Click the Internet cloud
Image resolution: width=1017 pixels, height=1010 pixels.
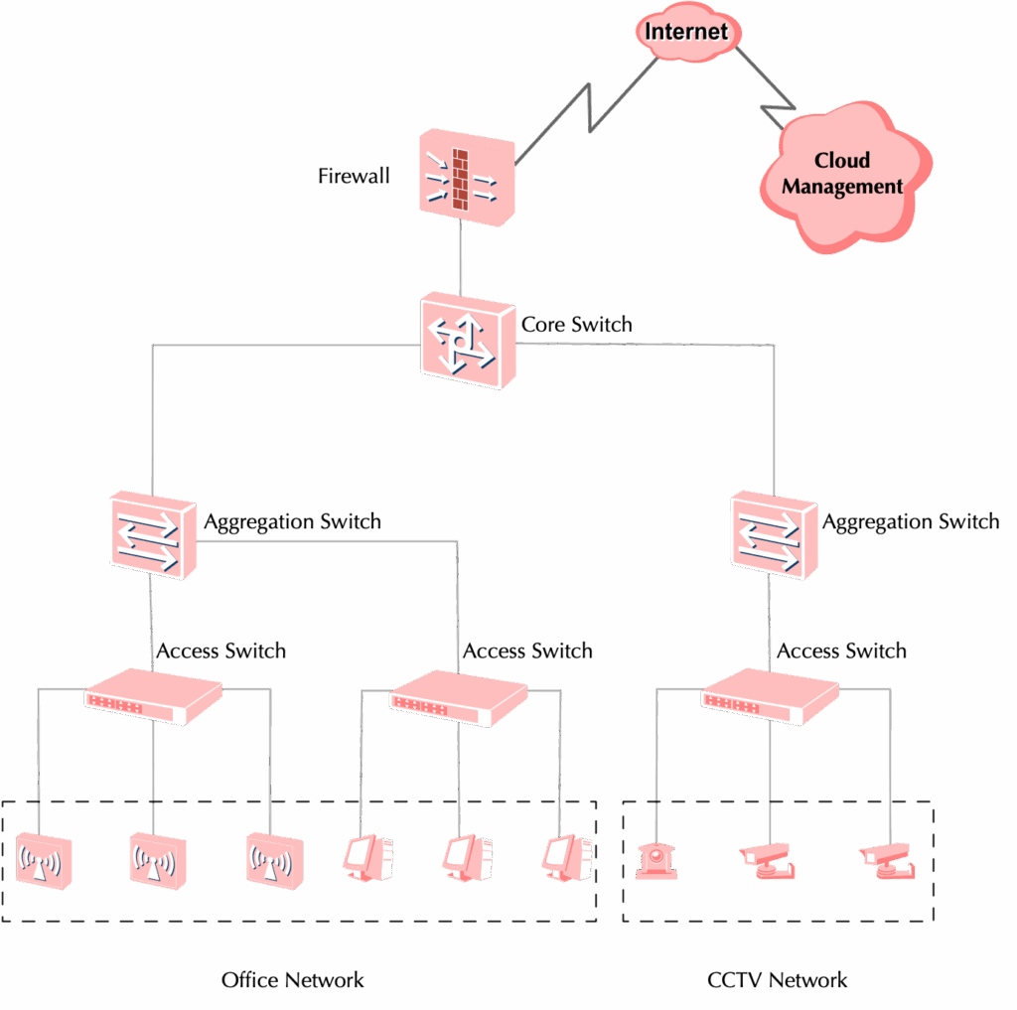pyautogui.click(x=687, y=31)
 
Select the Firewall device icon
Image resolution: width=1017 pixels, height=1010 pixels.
pyautogui.click(x=465, y=175)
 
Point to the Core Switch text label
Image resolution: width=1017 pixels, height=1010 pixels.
pyautogui.click(x=577, y=325)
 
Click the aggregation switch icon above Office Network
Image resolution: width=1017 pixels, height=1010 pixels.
pyautogui.click(x=152, y=536)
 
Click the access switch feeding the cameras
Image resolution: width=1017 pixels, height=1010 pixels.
pyautogui.click(x=770, y=695)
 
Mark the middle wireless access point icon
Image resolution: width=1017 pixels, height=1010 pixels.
pyautogui.click(x=156, y=858)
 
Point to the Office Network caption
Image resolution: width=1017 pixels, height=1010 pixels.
pyautogui.click(x=292, y=980)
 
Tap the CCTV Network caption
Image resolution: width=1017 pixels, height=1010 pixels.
pyautogui.click(x=777, y=980)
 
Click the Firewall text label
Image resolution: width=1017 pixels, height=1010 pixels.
pyautogui.click(x=354, y=177)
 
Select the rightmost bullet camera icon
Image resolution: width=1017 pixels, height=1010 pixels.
pyautogui.click(x=887, y=860)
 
